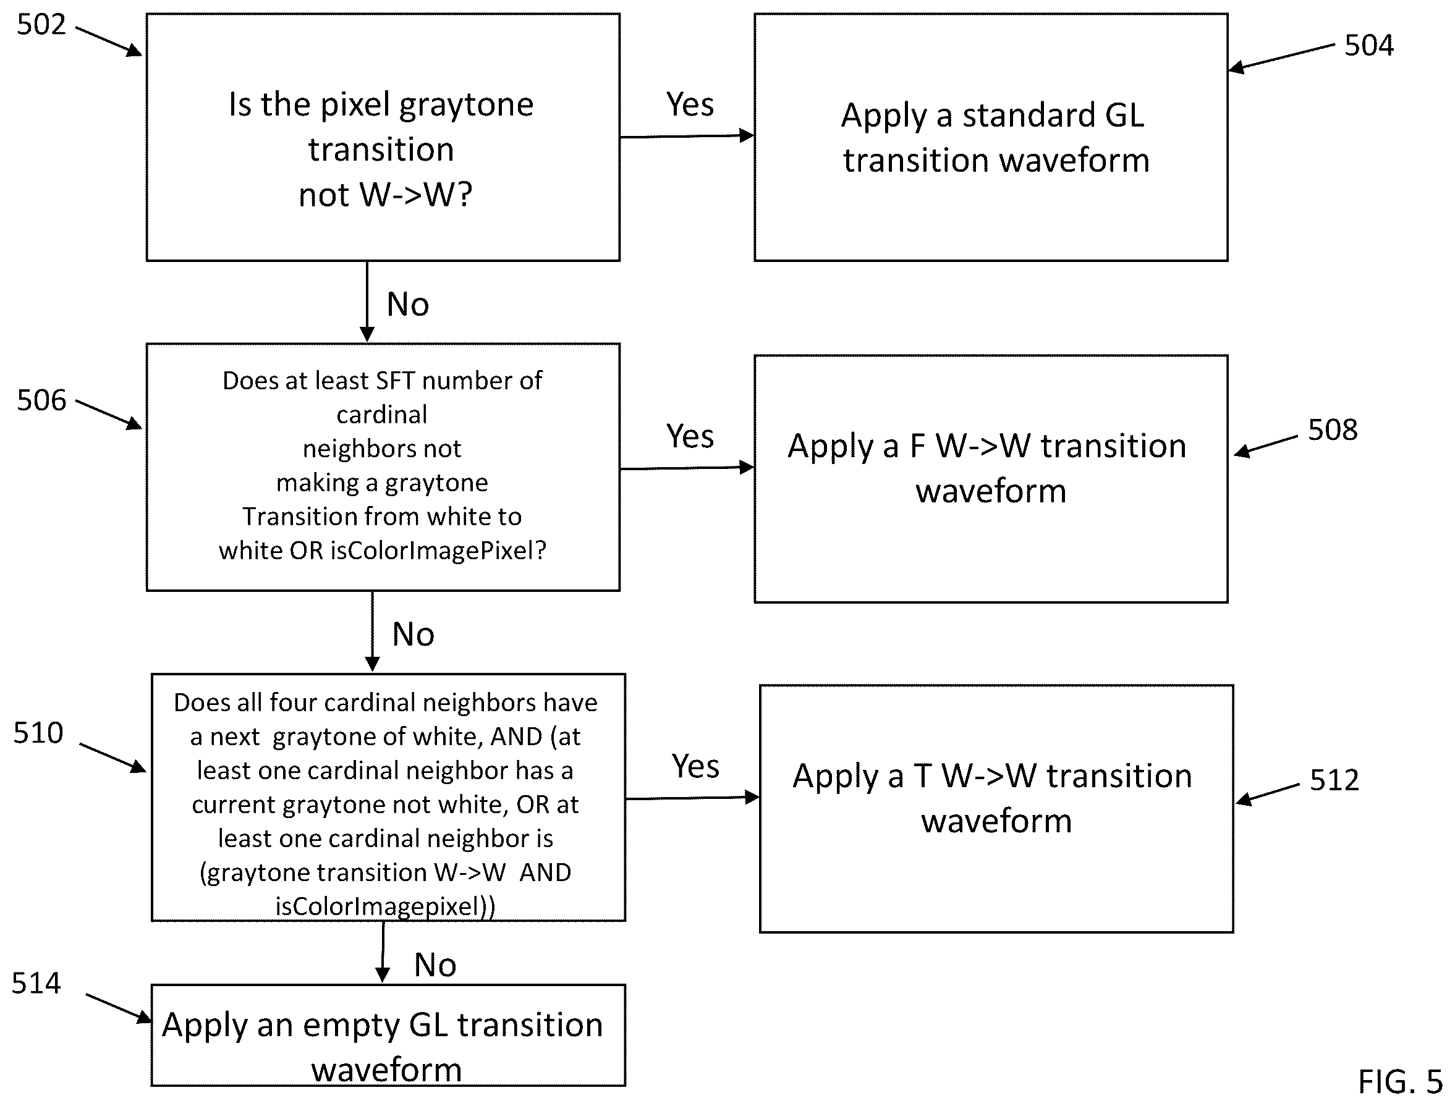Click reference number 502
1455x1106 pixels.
(x=41, y=25)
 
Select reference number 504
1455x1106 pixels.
(x=1368, y=46)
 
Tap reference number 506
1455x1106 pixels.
(x=41, y=400)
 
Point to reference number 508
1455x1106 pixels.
(x=1333, y=430)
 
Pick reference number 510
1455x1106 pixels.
(x=38, y=733)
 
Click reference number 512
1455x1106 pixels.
(x=1334, y=780)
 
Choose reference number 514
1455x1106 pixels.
(x=36, y=984)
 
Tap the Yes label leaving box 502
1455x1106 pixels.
(x=690, y=104)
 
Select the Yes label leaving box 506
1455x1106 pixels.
(x=690, y=436)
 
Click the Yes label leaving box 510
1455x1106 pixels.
(x=695, y=766)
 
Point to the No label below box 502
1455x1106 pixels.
(x=408, y=305)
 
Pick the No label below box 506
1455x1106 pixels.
(x=413, y=635)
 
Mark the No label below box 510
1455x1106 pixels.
(x=435, y=965)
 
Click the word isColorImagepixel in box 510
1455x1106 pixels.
(x=380, y=906)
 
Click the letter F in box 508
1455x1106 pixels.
(x=917, y=446)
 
